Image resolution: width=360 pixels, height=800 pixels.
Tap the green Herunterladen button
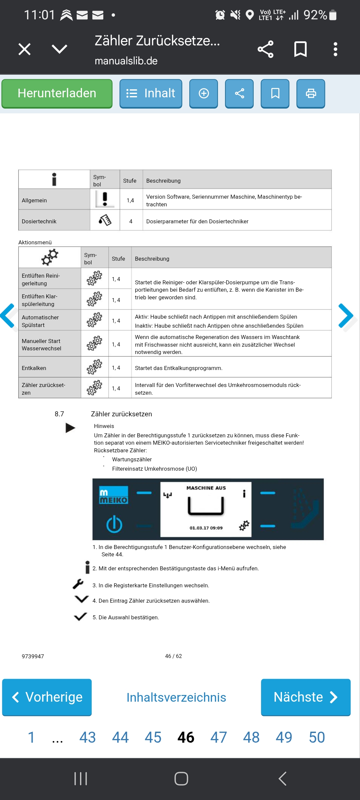click(x=57, y=93)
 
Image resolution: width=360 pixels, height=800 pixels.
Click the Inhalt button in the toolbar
click(x=151, y=93)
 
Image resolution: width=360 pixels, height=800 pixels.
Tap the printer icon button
click(x=311, y=93)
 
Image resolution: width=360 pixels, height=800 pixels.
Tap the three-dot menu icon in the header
click(x=335, y=49)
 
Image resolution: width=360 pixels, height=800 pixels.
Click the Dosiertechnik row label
click(x=39, y=221)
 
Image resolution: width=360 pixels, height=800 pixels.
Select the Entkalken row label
click(x=34, y=368)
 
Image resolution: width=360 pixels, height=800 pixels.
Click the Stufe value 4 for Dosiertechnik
click(x=131, y=221)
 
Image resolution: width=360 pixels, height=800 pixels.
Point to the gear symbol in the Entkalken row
click(x=94, y=367)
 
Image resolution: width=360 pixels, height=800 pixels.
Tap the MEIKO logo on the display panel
click(x=114, y=495)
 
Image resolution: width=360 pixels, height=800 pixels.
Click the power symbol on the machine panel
click(x=114, y=524)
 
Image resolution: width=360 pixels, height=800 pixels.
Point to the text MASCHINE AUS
click(x=206, y=488)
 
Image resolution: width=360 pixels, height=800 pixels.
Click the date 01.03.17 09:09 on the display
click(x=206, y=528)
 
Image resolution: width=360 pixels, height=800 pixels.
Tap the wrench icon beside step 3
click(x=78, y=584)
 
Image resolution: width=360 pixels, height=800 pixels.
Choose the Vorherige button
click(x=47, y=697)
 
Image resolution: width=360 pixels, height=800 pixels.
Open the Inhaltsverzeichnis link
click(x=176, y=697)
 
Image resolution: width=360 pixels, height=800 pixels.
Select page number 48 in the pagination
click(x=251, y=737)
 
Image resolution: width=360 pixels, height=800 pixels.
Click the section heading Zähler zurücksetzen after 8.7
click(x=121, y=414)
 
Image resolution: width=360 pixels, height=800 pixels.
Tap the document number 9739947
click(x=33, y=656)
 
